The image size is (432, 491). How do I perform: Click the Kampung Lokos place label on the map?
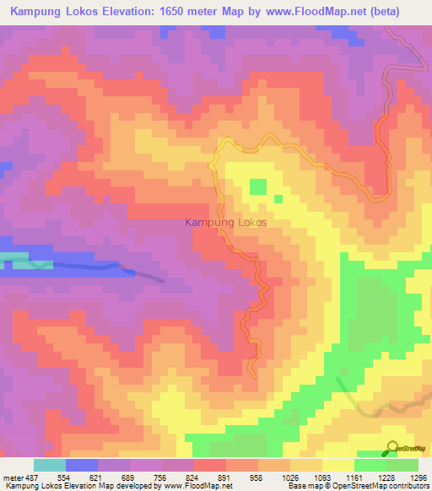(x=225, y=223)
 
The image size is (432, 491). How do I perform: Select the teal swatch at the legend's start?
(x=50, y=465)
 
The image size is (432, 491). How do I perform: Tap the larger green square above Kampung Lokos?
(x=257, y=186)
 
